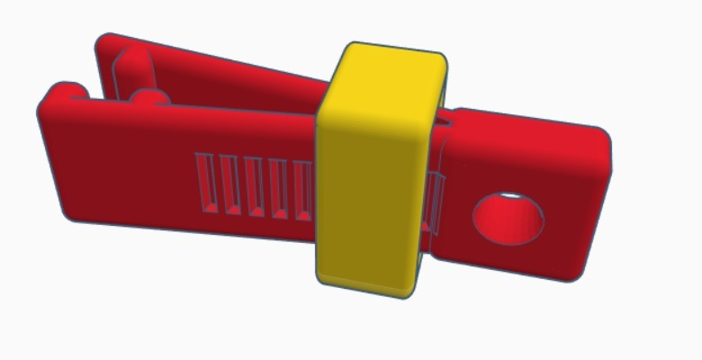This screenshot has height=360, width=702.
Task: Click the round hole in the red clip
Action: tap(508, 219)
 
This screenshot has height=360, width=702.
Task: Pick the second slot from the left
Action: tap(229, 186)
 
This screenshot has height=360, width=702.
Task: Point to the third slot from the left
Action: tap(253, 189)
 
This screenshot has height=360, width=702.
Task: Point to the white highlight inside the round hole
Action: tap(510, 195)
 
